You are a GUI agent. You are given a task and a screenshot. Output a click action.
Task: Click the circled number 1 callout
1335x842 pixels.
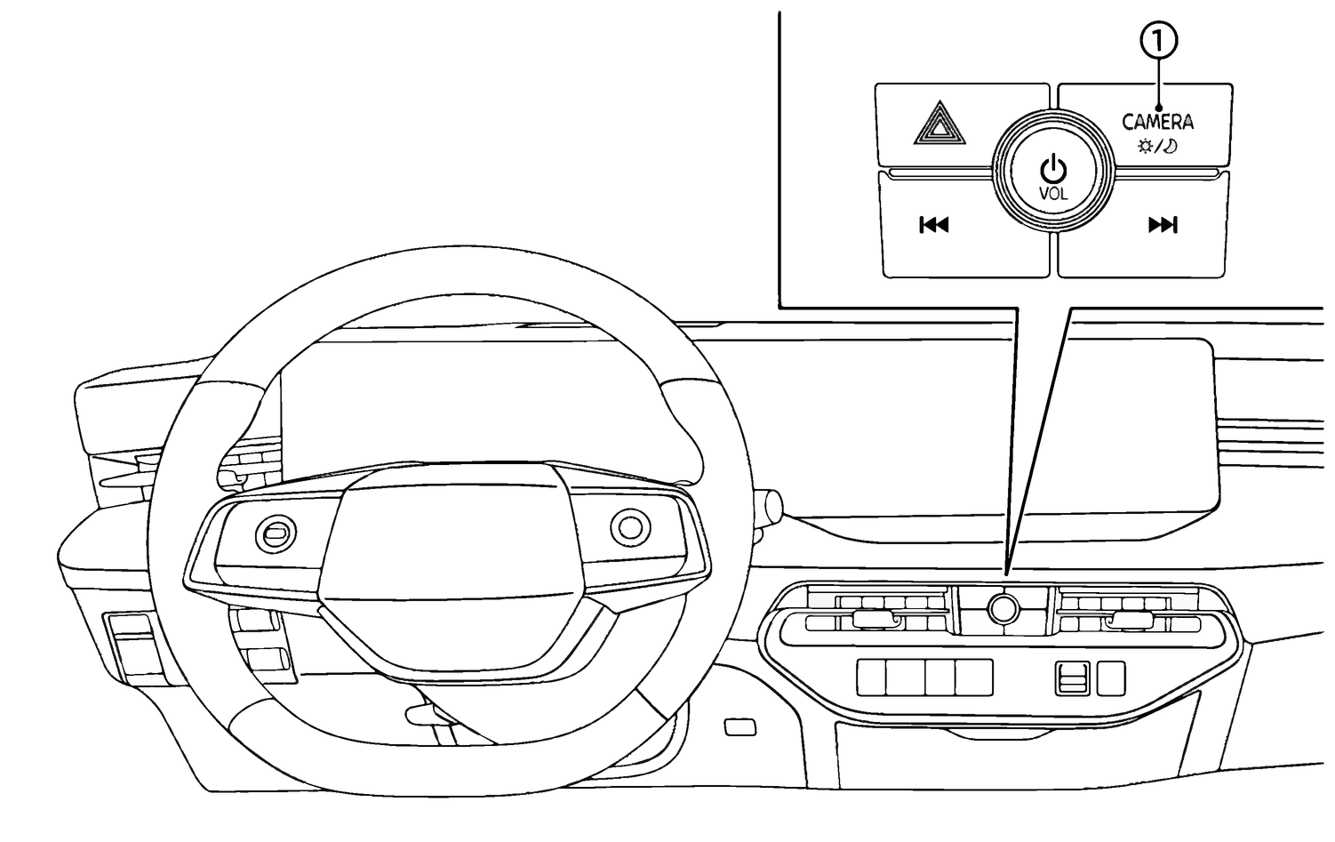(1157, 41)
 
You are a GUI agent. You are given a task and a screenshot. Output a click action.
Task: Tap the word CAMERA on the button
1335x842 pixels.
(1157, 122)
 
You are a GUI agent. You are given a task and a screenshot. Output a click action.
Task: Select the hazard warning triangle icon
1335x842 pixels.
(939, 124)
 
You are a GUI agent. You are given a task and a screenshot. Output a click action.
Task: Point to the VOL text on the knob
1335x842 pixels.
(1053, 193)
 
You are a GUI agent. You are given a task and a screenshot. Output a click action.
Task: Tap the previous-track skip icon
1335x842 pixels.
(933, 225)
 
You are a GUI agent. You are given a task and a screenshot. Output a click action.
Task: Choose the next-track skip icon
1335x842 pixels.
(1163, 225)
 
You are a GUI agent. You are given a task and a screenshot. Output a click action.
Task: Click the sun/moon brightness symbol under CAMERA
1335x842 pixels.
(1157, 146)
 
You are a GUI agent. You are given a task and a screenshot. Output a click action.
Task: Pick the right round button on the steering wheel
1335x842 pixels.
(630, 527)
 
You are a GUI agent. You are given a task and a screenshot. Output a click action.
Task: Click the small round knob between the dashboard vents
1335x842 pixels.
(1003, 608)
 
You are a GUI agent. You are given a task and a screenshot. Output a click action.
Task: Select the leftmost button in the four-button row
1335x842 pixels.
(873, 678)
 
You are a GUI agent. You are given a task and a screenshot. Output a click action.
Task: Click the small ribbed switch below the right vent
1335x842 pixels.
(1072, 679)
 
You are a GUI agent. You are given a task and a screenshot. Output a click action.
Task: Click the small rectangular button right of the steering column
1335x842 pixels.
(740, 726)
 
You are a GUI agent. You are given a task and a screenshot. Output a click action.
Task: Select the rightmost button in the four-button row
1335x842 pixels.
(975, 678)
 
